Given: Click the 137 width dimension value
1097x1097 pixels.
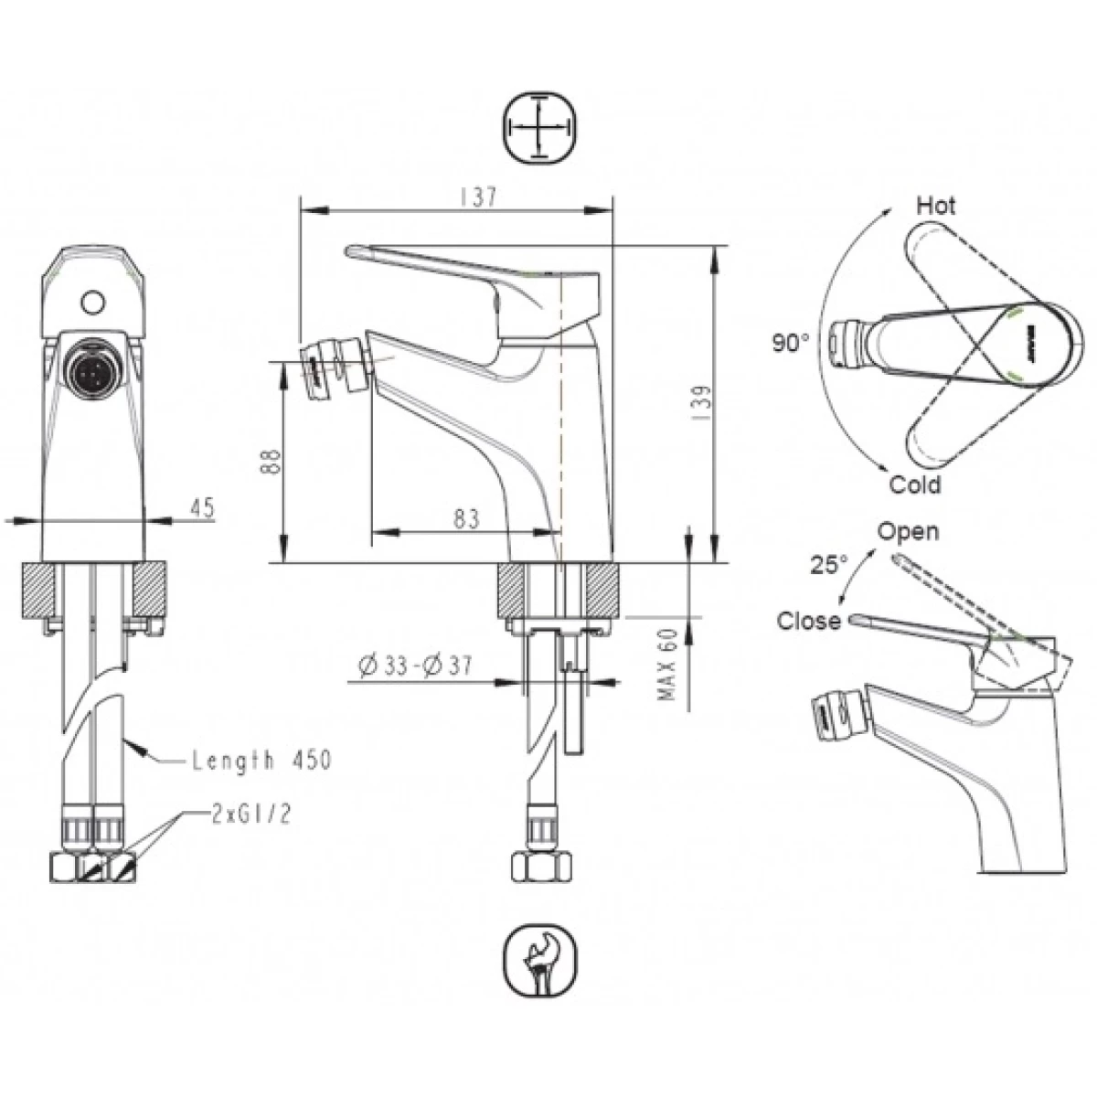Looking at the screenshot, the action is click(x=478, y=197).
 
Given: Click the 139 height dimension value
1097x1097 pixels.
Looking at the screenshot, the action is click(x=703, y=403).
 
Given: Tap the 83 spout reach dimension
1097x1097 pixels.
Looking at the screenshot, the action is click(x=466, y=518).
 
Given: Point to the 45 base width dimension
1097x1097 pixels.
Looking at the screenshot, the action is click(x=202, y=507).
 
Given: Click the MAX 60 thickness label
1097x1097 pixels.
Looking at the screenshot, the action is click(x=666, y=664).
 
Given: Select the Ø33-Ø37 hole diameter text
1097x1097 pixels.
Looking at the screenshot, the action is click(x=416, y=665).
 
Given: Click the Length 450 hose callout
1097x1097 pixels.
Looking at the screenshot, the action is click(x=261, y=760).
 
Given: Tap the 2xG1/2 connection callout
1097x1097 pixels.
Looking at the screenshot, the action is click(x=251, y=815).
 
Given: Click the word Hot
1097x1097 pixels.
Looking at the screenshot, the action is click(x=936, y=206).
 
